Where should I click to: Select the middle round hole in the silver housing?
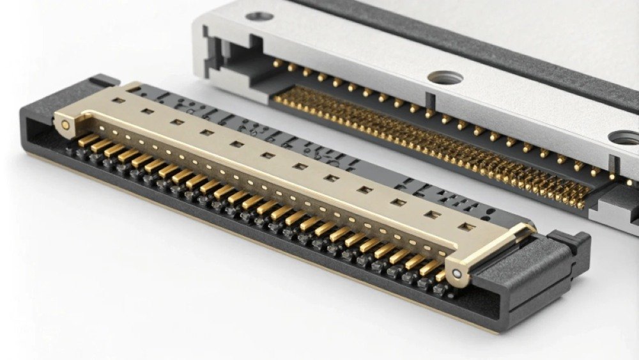pyautogui.click(x=445, y=77)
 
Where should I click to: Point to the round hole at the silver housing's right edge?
pyautogui.click(x=625, y=137)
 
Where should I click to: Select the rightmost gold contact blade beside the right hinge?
pyautogui.click(x=440, y=275)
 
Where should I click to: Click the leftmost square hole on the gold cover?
pyautogui.click(x=118, y=100)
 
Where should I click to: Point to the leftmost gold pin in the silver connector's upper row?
pyautogui.click(x=276, y=63)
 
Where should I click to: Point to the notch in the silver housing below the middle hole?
pyautogui.click(x=429, y=102)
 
